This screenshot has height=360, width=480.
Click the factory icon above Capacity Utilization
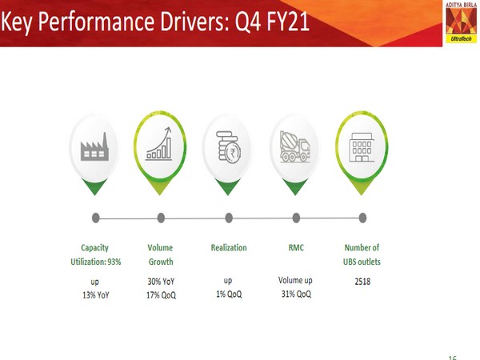95,149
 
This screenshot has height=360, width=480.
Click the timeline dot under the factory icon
96,217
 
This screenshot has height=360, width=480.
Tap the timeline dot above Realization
229,217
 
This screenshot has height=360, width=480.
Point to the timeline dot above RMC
296,217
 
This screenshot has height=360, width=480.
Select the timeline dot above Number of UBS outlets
362,217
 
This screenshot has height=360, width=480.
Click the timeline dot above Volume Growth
161,217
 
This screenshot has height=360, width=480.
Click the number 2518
362,282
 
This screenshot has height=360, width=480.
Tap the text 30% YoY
160,282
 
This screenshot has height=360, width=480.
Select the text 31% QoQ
296,295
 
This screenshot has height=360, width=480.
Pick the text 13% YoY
95,295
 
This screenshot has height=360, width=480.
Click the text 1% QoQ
229,295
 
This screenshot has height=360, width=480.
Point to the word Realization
229,248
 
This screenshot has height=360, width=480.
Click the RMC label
296,248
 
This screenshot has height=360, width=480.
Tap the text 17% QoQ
160,295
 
